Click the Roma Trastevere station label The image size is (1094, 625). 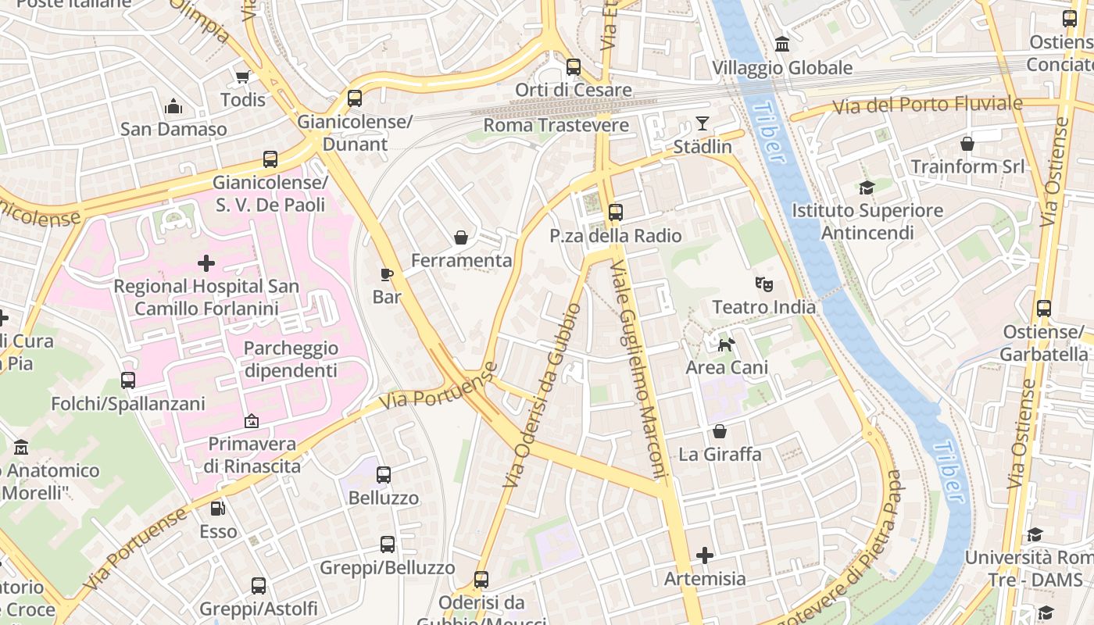[556, 125]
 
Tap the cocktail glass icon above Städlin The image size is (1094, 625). [703, 123]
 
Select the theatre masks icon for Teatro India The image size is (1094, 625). [763, 284]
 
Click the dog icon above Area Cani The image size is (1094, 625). [726, 345]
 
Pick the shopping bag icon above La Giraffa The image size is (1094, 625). [720, 431]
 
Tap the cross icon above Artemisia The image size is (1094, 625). [705, 555]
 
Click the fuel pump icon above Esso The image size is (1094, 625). [218, 509]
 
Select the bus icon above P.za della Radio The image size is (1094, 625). [616, 212]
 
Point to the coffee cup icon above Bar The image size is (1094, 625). [386, 273]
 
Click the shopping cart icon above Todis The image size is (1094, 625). [242, 77]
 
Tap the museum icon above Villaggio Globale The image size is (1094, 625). [781, 45]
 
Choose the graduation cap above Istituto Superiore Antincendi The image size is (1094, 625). [867, 187]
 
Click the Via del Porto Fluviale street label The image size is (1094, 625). [927, 104]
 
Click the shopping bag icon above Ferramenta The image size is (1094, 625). [461, 237]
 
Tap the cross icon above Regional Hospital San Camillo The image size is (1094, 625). [206, 263]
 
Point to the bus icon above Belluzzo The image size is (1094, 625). [383, 475]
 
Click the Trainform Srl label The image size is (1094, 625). [967, 166]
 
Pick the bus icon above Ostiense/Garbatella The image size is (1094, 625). [1044, 309]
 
